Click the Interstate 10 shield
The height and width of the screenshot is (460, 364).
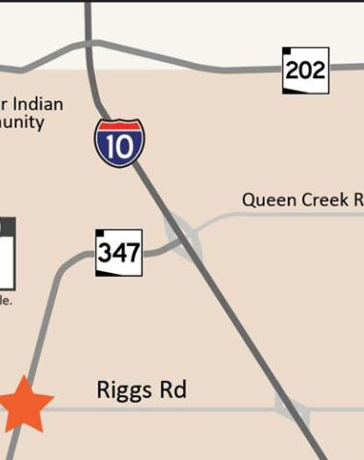pos(119,143)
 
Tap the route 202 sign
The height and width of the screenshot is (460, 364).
pos(305,70)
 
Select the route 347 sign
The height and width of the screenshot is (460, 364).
pos(119,253)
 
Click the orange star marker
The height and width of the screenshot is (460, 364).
pos(23,405)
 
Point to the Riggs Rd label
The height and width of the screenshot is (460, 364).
pos(141,391)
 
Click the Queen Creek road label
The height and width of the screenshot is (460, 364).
pos(301,201)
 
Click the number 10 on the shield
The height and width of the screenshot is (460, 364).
pos(119,148)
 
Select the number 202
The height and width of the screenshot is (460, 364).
pos(306,70)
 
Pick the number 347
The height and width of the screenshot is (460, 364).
pos(119,254)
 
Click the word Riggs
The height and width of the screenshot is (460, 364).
pos(124,391)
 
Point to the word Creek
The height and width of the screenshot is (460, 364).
pos(323,201)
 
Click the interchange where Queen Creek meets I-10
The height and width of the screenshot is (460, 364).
pos(183,236)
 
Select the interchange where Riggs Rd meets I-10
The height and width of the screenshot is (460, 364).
pos(292,409)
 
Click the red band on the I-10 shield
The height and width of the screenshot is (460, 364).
pos(119,126)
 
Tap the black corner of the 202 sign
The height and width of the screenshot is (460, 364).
pos(287,51)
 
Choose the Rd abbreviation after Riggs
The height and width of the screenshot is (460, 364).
pos(172,391)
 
